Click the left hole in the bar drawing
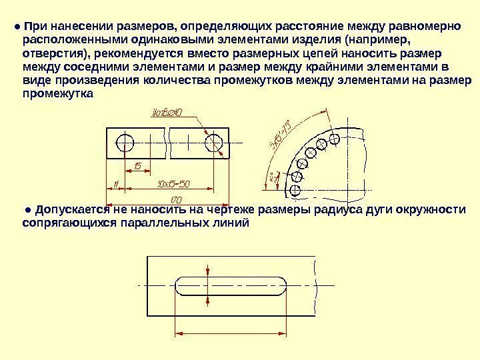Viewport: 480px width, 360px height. coord(125,143)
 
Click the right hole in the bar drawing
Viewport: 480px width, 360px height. coord(215,143)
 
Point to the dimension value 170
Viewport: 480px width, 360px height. coord(177,199)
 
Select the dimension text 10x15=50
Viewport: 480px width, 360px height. coord(174,183)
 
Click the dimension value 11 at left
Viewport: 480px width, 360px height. coord(115,183)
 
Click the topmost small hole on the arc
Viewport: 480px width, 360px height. coord(335,139)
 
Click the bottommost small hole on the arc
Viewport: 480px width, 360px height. coord(295,190)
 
